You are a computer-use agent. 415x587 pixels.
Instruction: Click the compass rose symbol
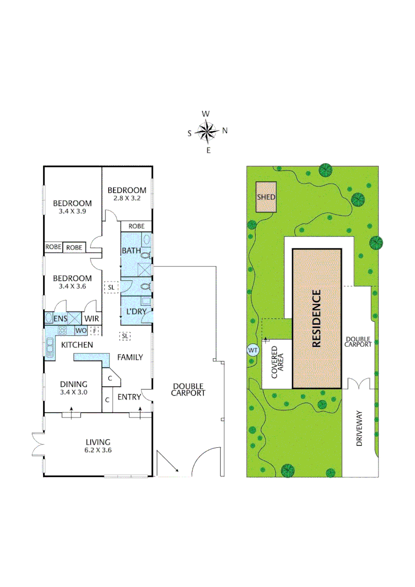207,132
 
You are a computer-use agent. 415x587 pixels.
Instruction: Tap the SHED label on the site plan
266,197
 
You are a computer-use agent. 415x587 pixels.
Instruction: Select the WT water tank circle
252,350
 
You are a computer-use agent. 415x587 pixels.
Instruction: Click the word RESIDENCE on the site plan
317,319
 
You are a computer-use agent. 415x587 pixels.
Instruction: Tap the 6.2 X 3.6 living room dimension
98,450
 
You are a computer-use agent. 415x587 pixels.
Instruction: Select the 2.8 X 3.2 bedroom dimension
127,198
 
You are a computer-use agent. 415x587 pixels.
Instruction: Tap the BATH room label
131,251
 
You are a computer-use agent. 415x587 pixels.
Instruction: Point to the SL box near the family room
126,336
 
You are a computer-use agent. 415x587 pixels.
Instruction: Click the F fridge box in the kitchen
95,330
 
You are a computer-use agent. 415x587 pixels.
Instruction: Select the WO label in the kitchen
80,330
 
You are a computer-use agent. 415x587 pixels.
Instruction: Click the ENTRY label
128,397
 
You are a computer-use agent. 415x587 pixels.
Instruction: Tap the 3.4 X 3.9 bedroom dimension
72,212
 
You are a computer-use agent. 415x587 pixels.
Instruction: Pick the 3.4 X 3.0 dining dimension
73,391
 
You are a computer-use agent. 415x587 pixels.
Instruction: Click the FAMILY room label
130,357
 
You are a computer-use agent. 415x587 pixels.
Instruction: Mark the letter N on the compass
224,130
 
